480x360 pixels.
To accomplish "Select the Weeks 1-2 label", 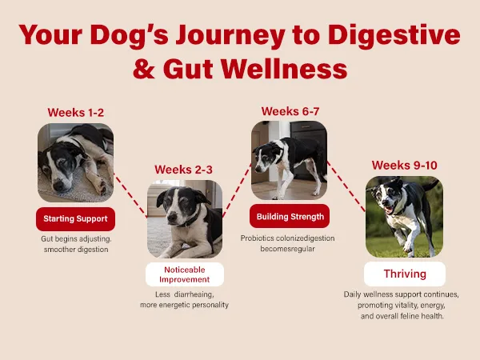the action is pyautogui.click(x=76, y=113).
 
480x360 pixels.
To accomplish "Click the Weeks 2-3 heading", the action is pyautogui.click(x=183, y=170).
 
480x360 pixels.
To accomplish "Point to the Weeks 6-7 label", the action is pyautogui.click(x=290, y=111).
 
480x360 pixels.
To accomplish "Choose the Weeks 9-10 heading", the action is pyautogui.click(x=404, y=166).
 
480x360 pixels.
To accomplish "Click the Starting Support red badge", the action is pyautogui.click(x=76, y=219).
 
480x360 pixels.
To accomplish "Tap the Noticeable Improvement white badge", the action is pyautogui.click(x=185, y=274).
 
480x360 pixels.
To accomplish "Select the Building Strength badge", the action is pyautogui.click(x=290, y=216).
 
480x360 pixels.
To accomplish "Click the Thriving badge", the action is pyautogui.click(x=405, y=274).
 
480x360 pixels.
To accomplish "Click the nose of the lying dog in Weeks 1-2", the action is pyautogui.click(x=58, y=185).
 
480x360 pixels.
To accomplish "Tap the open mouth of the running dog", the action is pyautogui.click(x=389, y=210).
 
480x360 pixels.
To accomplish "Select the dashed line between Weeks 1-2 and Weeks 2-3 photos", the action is pyautogui.click(x=130, y=195).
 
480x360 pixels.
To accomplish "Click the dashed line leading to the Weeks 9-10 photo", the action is pyautogui.click(x=346, y=186).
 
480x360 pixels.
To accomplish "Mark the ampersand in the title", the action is pyautogui.click(x=144, y=69).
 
